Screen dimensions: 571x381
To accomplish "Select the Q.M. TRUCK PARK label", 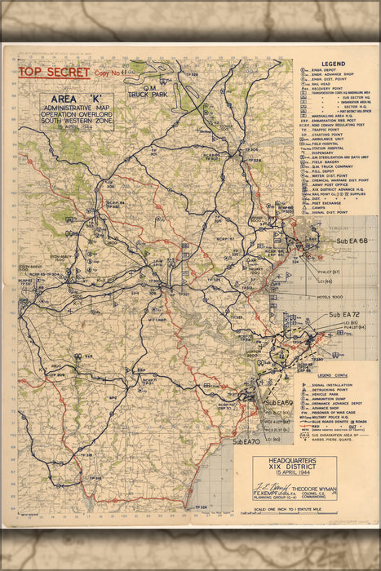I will point(155,91).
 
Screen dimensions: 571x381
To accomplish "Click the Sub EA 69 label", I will point(278,404).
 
